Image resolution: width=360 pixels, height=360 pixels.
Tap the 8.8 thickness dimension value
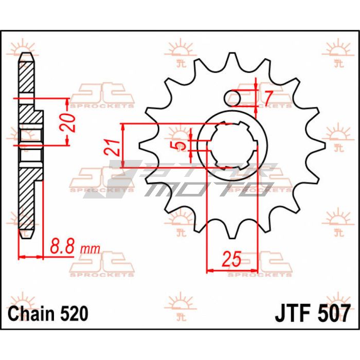coord(62,246)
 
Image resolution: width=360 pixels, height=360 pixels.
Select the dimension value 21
coord(112,148)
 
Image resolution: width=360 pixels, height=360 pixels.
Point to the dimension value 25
coord(232,259)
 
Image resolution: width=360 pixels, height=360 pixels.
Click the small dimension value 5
coord(181,145)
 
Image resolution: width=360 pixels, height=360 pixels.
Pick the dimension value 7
coord(268,98)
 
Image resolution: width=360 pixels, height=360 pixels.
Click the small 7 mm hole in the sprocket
coord(232,98)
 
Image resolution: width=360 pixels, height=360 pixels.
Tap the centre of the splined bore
coord(232,146)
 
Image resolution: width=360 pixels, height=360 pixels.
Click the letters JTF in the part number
coord(292,313)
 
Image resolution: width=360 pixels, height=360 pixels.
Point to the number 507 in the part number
coord(333,313)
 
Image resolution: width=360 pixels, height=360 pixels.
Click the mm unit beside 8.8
coord(90,249)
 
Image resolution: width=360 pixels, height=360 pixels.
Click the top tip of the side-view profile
coord(26,53)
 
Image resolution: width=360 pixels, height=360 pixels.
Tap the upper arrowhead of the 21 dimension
coord(123,127)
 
